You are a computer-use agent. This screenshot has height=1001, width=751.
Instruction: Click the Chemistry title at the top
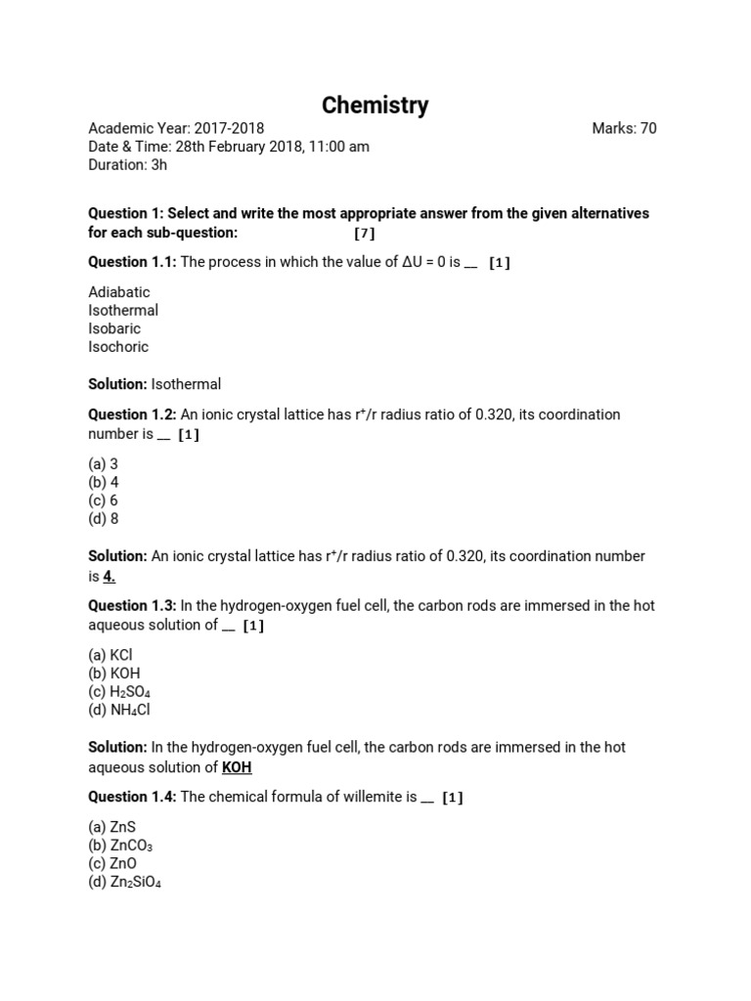tap(375, 106)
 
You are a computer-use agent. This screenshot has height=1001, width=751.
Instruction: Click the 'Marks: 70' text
tap(624, 128)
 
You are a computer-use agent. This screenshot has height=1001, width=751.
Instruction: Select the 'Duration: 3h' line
tap(127, 165)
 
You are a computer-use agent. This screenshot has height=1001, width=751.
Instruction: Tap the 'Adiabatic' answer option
tap(119, 291)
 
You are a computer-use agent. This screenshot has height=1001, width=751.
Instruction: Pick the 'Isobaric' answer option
tap(114, 328)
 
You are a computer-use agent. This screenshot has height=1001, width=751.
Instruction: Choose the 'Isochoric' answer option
tap(118, 347)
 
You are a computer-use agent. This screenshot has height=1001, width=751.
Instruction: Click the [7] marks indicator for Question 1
tap(364, 233)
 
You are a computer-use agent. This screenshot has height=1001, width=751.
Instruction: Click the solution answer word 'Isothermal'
tap(186, 384)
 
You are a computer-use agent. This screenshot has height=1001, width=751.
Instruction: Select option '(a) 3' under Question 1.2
tap(103, 463)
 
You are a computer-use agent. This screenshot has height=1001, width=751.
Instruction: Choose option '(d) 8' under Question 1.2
tap(103, 519)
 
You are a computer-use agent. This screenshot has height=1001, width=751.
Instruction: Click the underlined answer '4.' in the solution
tap(110, 576)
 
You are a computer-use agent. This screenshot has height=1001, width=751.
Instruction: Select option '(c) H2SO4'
tap(119, 692)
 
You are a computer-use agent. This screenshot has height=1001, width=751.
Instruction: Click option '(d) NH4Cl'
tap(119, 711)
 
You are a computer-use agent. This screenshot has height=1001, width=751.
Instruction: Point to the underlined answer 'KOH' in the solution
tap(237, 766)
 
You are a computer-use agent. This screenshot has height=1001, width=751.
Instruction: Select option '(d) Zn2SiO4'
tap(125, 883)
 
